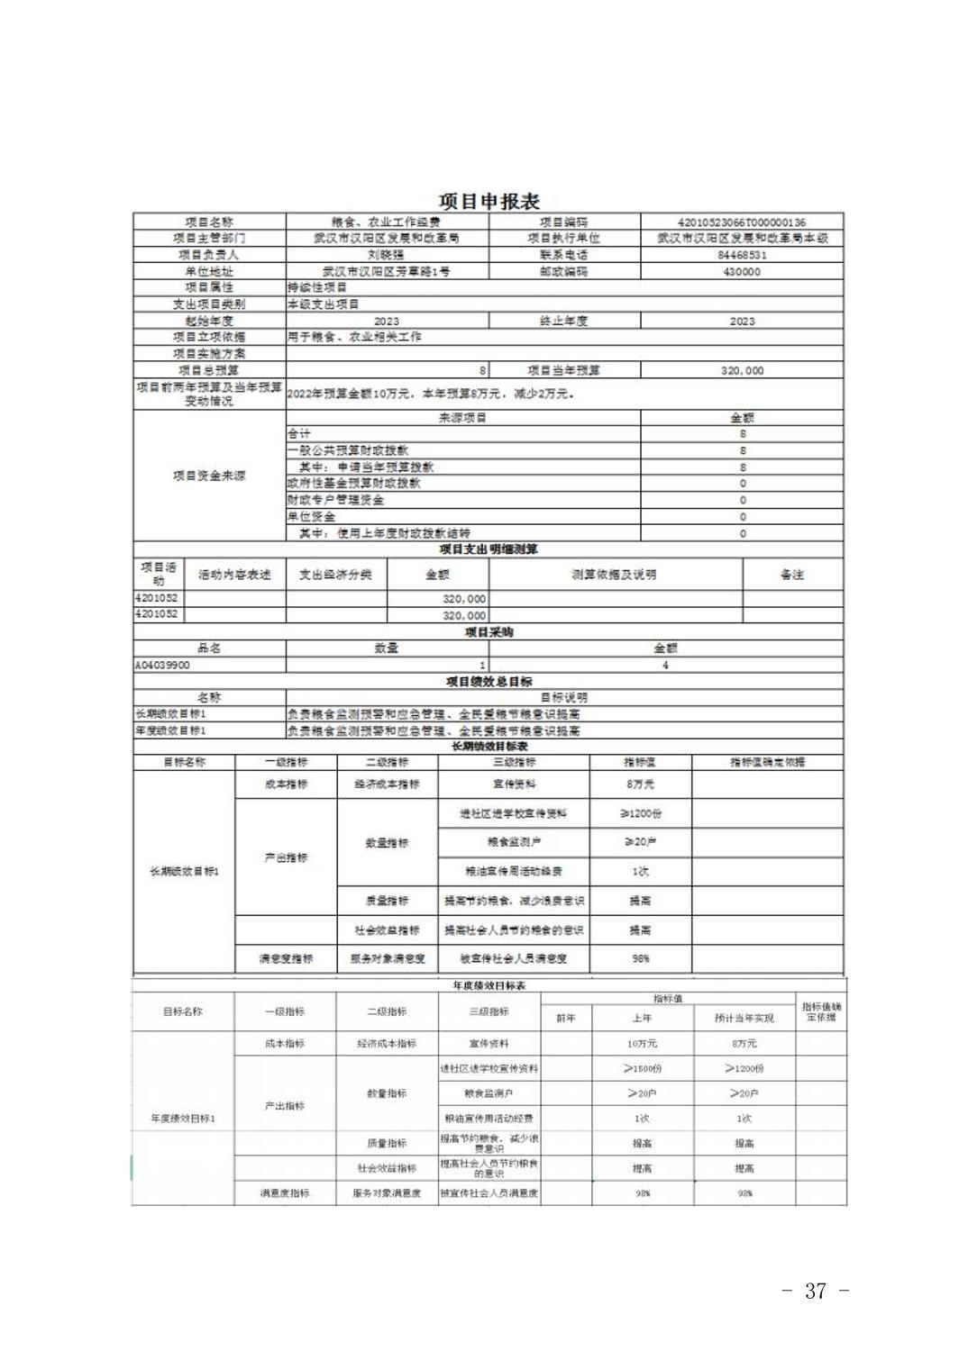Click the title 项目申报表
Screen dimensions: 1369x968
coord(489,201)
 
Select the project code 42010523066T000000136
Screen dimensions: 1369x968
coord(741,222)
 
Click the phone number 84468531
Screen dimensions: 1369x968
coord(741,255)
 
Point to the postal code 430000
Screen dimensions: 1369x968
coord(741,271)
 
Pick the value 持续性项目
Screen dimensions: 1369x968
coord(316,287)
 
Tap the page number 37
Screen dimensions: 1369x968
coord(815,1291)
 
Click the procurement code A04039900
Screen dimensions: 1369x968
coord(162,665)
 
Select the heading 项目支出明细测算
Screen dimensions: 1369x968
coord(488,549)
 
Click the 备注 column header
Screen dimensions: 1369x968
coord(791,575)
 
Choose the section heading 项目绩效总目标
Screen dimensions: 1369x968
coord(488,681)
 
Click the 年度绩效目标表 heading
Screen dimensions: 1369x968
coord(488,986)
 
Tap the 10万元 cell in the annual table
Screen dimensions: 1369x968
coord(642,1044)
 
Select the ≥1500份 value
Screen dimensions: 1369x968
coord(642,1069)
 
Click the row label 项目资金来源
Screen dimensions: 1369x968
coord(209,476)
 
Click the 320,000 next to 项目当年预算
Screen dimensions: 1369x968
coord(741,370)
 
